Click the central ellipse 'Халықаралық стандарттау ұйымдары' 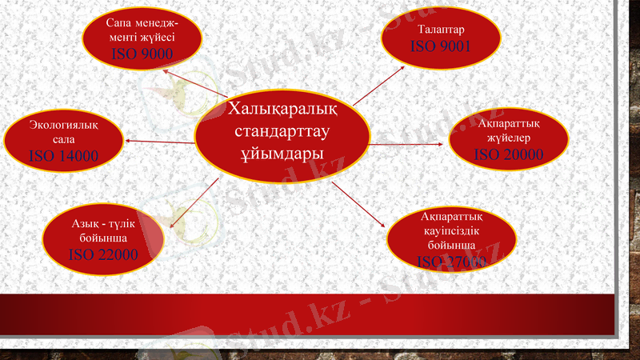(x=282, y=131)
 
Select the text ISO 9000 (x=142, y=54)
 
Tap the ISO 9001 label (x=440, y=46)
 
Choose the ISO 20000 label (x=509, y=154)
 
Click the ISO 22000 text (x=103, y=254)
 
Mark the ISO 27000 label (x=451, y=261)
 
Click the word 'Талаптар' (x=441, y=30)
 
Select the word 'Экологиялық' (x=64, y=124)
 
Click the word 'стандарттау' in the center (x=282, y=130)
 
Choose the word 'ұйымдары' (x=282, y=153)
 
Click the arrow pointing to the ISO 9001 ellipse (x=379, y=86)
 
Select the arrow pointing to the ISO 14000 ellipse (x=160, y=142)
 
